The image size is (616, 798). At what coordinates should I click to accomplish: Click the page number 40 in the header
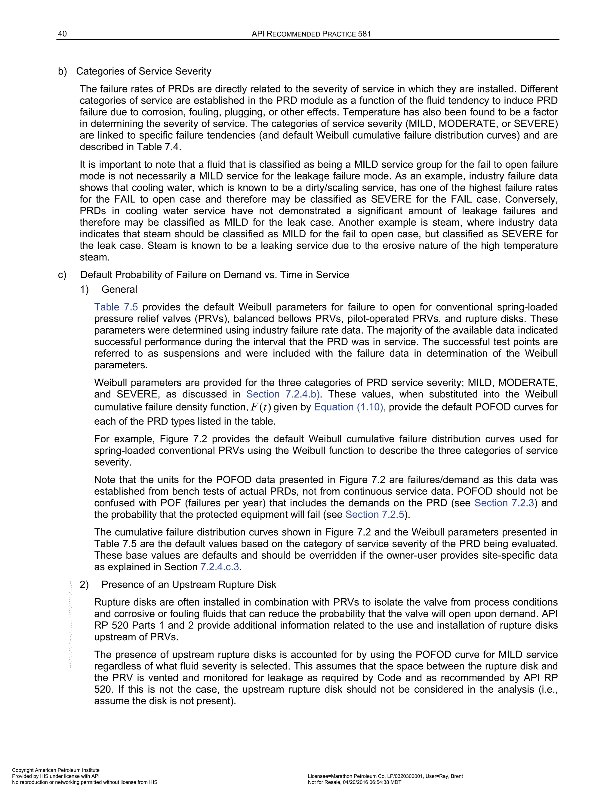[x=62, y=34]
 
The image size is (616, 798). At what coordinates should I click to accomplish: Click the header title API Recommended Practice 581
[x=311, y=34]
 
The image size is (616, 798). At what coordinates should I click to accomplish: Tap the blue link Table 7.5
[x=116, y=307]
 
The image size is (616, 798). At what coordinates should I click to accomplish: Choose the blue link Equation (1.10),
[x=350, y=407]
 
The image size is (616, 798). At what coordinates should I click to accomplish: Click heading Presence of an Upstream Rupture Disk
[x=189, y=584]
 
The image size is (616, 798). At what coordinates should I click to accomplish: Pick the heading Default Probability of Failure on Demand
[x=214, y=275]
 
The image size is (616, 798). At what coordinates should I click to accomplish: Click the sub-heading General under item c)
[x=119, y=289]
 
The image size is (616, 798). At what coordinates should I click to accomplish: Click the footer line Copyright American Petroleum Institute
[x=56, y=770]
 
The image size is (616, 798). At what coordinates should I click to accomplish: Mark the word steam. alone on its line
[x=94, y=257]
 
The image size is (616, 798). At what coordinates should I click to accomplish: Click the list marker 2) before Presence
[x=84, y=584]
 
